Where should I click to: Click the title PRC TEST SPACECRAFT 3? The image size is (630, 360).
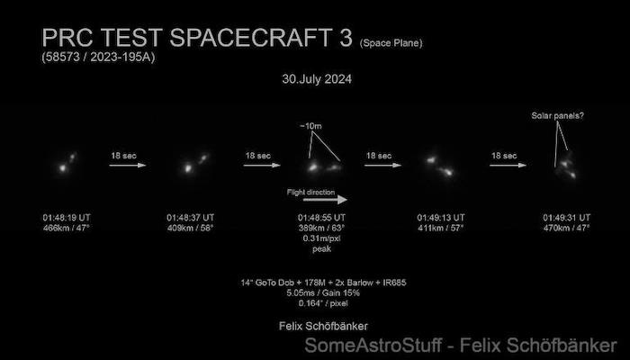[x=197, y=38]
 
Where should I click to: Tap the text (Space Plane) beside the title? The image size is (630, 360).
[x=391, y=43]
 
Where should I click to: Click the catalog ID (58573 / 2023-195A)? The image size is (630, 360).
[x=98, y=57]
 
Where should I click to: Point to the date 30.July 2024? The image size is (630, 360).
[x=317, y=79]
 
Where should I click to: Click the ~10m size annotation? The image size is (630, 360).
[x=310, y=126]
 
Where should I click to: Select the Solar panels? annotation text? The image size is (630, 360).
[x=558, y=116]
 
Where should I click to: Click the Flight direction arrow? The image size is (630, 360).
[x=325, y=200]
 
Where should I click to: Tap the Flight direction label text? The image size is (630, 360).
[x=310, y=192]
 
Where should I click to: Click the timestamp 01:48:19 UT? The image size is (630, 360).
[x=67, y=218]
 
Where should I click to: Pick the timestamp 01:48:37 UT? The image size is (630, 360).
[x=191, y=218]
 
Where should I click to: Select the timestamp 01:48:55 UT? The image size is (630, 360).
[x=321, y=218]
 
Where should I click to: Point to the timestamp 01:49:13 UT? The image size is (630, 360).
[x=441, y=218]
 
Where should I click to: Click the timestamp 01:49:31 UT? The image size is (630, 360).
[x=566, y=218]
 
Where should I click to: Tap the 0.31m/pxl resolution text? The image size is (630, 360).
[x=322, y=238]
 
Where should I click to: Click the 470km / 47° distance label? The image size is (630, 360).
[x=566, y=229]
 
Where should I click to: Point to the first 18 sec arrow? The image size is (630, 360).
[x=128, y=165]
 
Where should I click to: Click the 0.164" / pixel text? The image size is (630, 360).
[x=323, y=303]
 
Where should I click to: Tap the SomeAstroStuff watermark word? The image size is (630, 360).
[x=373, y=346]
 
